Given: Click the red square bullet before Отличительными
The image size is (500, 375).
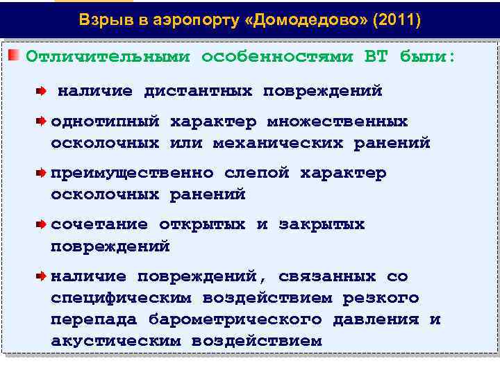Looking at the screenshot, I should click(x=15, y=55).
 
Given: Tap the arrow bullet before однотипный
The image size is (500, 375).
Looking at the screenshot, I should click(x=42, y=122).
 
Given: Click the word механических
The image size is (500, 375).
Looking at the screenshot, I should click(x=278, y=143).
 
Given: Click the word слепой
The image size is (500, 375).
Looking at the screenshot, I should click(x=256, y=173).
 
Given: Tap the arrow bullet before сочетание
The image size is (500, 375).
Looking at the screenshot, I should click(x=42, y=224).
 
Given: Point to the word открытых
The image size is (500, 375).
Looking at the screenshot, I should click(x=202, y=224).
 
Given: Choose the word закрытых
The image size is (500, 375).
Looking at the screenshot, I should click(x=322, y=224).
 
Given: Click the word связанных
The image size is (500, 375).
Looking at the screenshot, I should click(x=326, y=276).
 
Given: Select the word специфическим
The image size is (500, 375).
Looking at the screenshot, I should click(x=121, y=298).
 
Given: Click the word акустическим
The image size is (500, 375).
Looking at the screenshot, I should click(x=115, y=341).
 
